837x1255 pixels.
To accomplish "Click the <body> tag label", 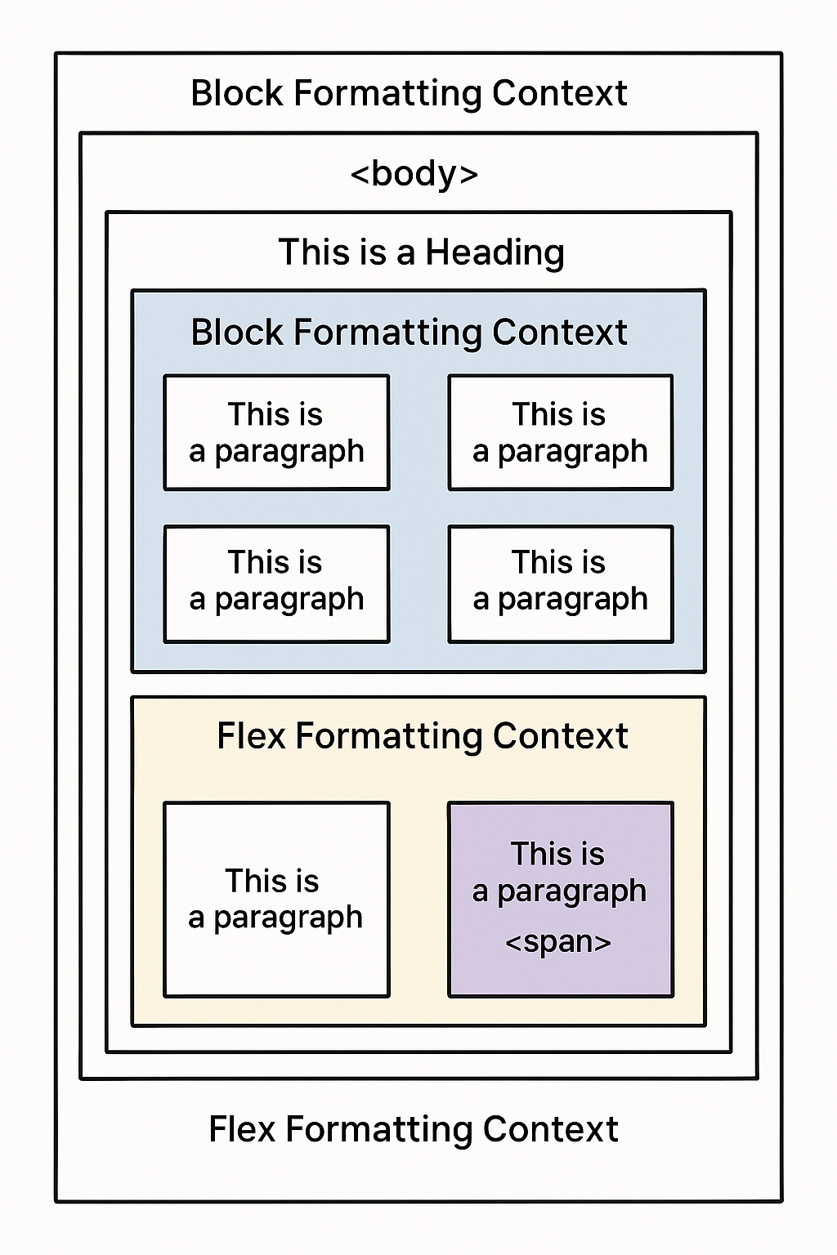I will [x=414, y=174].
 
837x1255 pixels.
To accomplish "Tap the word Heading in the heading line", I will [x=495, y=252].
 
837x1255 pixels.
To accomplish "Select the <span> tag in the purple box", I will [x=558, y=942].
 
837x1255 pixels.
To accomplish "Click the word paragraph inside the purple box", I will [x=571, y=891].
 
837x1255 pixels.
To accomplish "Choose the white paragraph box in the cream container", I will [x=276, y=899].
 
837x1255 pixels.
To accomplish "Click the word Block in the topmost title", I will [x=237, y=93].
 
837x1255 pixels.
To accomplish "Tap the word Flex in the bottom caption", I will [x=242, y=1129].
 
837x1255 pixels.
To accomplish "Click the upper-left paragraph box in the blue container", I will [x=276, y=432].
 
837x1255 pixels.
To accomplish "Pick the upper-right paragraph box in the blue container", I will [x=561, y=432].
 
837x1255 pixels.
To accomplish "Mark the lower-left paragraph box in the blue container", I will [x=276, y=583].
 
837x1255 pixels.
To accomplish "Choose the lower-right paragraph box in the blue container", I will [x=561, y=583].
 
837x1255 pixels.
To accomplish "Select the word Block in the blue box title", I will [x=237, y=333].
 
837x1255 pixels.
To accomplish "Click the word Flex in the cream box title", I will [x=251, y=736].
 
